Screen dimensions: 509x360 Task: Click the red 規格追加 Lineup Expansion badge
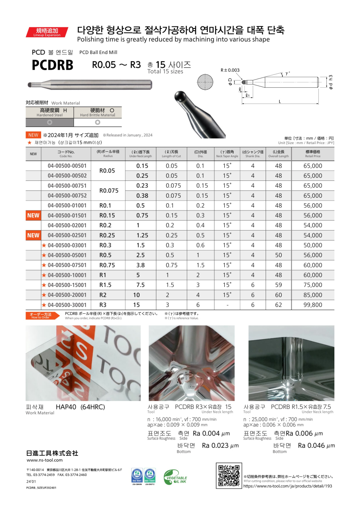pyautogui.click(x=47, y=32)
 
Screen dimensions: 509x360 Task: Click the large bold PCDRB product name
pyautogui.click(x=52, y=65)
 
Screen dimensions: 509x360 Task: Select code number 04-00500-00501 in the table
pyautogui.click(x=67, y=166)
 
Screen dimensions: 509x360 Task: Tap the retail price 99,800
pyautogui.click(x=313, y=305)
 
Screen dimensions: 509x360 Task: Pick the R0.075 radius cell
pyautogui.click(x=109, y=190)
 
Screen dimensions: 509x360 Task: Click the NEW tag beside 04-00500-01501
pyautogui.click(x=33, y=215)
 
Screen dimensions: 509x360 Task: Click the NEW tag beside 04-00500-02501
pyautogui.click(x=33, y=235)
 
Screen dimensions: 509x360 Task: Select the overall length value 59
pyautogui.click(x=278, y=285)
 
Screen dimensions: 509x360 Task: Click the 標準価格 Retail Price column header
pyautogui.click(x=313, y=154)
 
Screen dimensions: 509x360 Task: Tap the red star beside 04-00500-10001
pyautogui.click(x=44, y=275)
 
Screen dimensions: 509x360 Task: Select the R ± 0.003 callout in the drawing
pyautogui.click(x=230, y=70)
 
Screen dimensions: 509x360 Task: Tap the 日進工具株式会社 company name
pyautogui.click(x=52, y=453)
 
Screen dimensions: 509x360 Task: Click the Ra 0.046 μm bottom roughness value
pyautogui.click(x=316, y=446)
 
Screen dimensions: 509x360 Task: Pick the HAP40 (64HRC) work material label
pyautogui.click(x=80, y=407)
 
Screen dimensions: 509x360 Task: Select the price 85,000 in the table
pyautogui.click(x=313, y=295)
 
